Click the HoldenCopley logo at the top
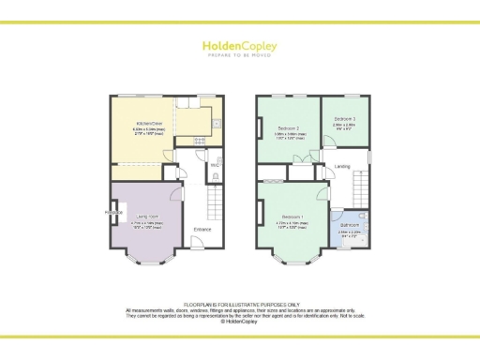coord(240,46)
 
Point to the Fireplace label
coord(114,212)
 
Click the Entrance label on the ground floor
coord(202,229)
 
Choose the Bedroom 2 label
coord(289,127)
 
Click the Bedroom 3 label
coord(344,119)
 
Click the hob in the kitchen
coord(198,142)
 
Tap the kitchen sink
coord(216,122)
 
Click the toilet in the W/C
coord(216,175)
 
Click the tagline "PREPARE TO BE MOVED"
coord(240,55)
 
